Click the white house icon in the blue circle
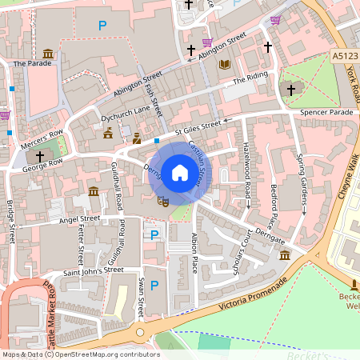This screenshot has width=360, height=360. click(x=180, y=173)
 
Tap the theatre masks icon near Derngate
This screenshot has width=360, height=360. click(x=162, y=202)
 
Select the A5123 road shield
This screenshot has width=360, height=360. click(x=342, y=55)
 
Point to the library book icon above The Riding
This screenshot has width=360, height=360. click(x=225, y=64)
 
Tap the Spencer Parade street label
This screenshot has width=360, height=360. click(x=326, y=113)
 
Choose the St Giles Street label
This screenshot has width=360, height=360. click(x=198, y=126)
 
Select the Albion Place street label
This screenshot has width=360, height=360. click(x=194, y=255)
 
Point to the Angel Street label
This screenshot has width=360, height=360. click(x=79, y=218)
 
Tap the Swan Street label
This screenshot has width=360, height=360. click(x=140, y=295)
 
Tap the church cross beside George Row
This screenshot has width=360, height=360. click(x=39, y=156)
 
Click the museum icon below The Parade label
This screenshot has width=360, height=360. click(x=48, y=54)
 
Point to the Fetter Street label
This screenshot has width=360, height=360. click(x=80, y=246)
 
